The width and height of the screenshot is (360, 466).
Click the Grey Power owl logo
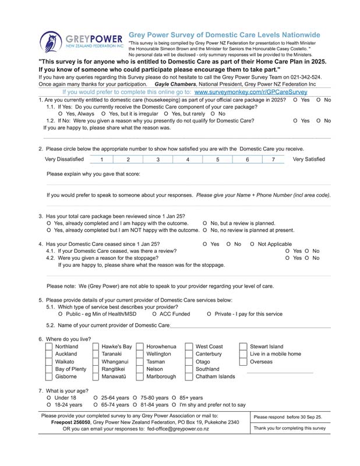tap(50, 41)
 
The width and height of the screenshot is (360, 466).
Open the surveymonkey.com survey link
tap(250, 92)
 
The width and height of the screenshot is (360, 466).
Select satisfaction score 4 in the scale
tap(188, 159)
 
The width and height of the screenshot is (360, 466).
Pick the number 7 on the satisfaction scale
tap(273, 159)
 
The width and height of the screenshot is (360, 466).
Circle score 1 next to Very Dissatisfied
tap(101, 159)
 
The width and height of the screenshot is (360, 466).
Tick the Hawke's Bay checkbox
tap(96, 347)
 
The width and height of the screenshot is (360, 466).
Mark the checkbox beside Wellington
tap(140, 354)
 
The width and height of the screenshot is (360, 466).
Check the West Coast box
tap(189, 347)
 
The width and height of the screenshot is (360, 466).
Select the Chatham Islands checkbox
tap(189, 376)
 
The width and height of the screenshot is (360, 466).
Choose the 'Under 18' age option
tap(49, 398)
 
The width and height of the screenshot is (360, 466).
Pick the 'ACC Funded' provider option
tap(154, 315)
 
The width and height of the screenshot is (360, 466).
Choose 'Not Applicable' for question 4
tap(252, 244)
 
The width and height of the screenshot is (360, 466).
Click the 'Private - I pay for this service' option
tap(210, 315)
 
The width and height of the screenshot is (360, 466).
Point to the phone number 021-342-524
tap(304, 77)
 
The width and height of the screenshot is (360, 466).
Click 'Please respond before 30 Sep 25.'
tap(288, 417)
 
